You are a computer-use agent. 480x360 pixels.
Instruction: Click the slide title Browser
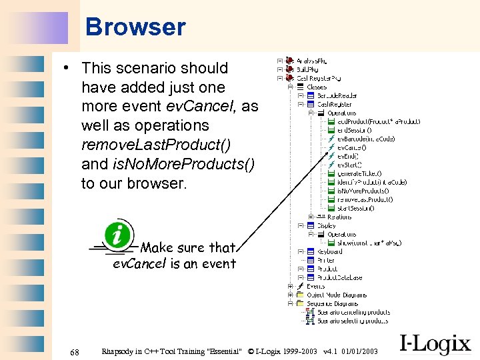click(x=135, y=27)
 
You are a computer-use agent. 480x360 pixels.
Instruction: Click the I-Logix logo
click(x=435, y=343)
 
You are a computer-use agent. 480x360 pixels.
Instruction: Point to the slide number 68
click(x=75, y=351)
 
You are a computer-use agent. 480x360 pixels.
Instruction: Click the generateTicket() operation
click(x=359, y=173)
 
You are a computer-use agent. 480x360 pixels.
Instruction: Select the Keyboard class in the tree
click(x=329, y=252)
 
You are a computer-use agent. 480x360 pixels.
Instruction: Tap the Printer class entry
click(x=326, y=260)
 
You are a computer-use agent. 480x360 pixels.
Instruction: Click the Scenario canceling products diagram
click(x=353, y=312)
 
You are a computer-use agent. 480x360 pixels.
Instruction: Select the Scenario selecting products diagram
click(x=353, y=321)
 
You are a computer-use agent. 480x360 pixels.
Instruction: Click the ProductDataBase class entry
click(x=339, y=277)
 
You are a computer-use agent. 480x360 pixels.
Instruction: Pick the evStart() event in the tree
click(x=349, y=165)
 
